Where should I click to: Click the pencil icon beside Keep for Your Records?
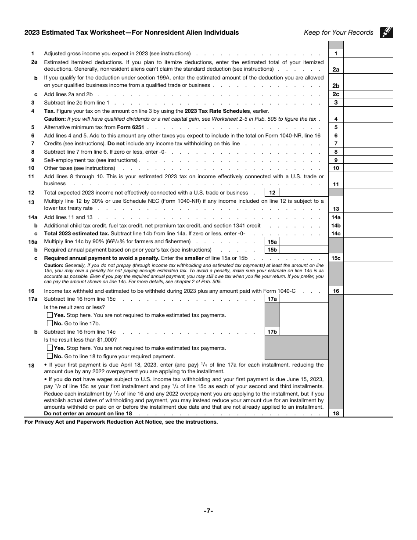tap(386, 32)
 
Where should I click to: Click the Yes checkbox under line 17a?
tap(50, 315)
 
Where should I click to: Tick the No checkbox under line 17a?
tap(50, 324)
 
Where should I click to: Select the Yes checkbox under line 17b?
tap(50, 348)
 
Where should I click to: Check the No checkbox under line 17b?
tap(50, 356)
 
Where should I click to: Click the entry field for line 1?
tap(368, 54)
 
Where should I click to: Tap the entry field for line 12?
tap(304, 193)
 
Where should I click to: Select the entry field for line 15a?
tap(304, 241)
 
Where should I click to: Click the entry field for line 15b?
tap(304, 250)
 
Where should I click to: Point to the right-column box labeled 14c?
tap(336, 234)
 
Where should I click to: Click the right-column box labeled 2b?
tap(336, 86)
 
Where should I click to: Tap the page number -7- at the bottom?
tap(208, 511)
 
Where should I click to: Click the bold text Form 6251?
tap(130, 127)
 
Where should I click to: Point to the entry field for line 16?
tap(368, 291)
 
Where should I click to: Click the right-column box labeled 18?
tap(336, 413)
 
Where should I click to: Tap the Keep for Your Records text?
tap(338, 32)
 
